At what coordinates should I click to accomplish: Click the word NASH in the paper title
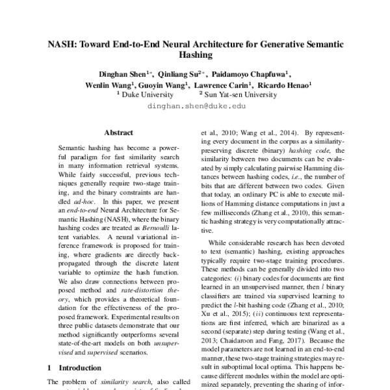(x=62, y=45)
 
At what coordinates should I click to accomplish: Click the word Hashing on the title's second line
(x=195, y=57)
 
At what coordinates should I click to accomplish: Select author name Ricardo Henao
(x=283, y=84)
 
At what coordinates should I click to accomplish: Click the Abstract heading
(x=118, y=131)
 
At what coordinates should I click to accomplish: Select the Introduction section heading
(x=76, y=367)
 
